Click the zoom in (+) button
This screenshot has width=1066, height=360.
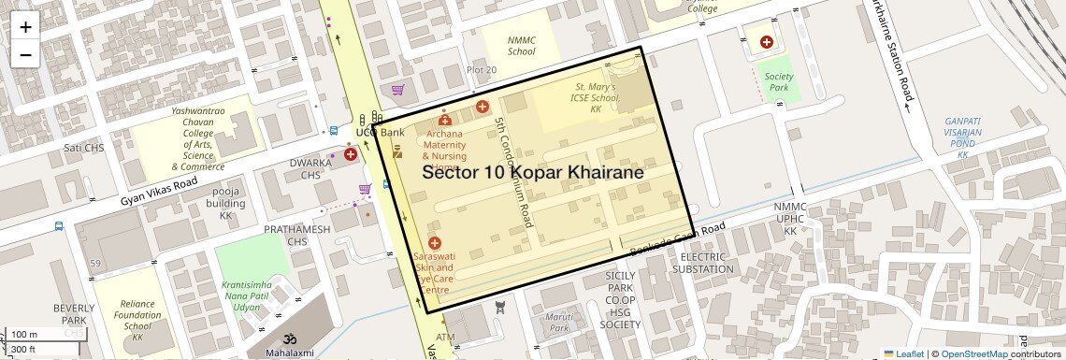[25, 26]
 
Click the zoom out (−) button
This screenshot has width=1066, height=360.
[25, 54]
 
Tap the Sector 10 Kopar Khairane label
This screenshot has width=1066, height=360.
[533, 172]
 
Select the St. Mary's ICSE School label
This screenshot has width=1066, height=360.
[597, 97]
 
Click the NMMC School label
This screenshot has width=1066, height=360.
[521, 46]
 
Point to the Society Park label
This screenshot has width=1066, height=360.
[778, 82]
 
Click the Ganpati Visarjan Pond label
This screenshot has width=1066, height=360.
[962, 137]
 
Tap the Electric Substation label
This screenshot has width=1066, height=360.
[703, 263]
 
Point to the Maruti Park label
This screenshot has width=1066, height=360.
[559, 323]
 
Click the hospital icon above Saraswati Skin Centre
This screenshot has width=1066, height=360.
[434, 243]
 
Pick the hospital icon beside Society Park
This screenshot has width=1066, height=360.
[767, 42]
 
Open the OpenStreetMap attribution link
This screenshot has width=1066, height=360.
[973, 353]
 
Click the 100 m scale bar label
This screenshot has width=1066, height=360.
[24, 335]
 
